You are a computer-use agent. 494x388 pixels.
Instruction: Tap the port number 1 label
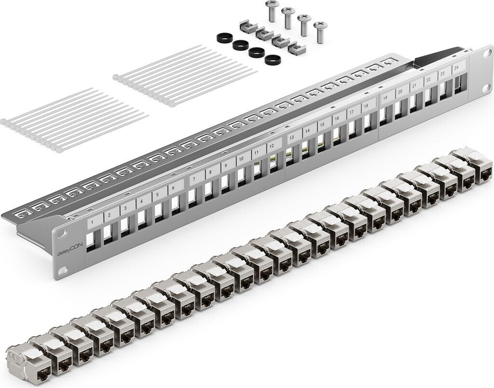tap(92, 223)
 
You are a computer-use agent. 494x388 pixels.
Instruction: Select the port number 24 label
tap(456, 68)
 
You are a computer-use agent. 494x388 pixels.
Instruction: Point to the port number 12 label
tap(272, 146)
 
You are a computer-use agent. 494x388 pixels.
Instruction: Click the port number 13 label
tap(292, 138)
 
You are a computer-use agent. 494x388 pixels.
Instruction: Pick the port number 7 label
tap(194, 179)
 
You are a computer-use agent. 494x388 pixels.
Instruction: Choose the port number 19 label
tap(385, 98)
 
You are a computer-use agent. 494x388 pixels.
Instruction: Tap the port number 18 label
tap(366, 106)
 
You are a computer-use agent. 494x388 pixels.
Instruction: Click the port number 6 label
tap(173, 188)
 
